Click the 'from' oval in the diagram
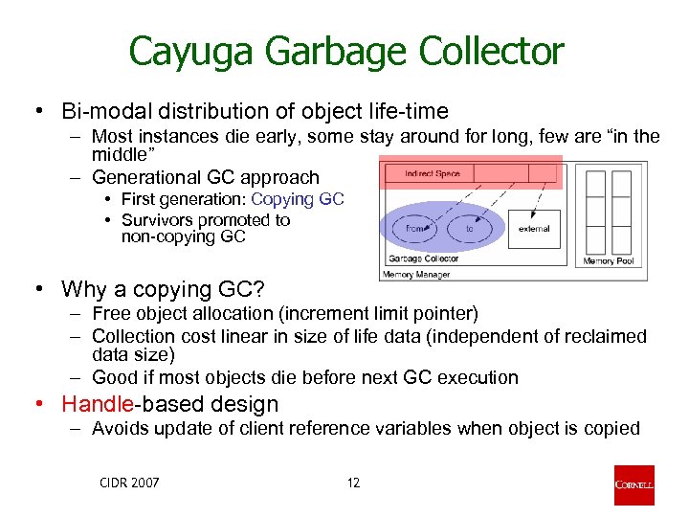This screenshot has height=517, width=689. tap(415, 229)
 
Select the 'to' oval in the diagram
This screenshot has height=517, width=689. tap(470, 229)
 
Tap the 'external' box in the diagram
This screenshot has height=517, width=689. tap(534, 229)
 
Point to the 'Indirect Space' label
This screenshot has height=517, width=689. tap(433, 173)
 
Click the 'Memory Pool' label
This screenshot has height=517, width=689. tap(609, 260)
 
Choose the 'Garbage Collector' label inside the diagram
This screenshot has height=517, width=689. tap(423, 258)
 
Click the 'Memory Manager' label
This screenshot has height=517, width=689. tap(417, 275)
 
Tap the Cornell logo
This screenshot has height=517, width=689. tap(634, 484)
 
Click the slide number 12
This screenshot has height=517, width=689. tap(353, 483)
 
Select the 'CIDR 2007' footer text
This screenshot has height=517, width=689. tap(128, 483)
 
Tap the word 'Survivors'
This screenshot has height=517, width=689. tap(161, 220)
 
